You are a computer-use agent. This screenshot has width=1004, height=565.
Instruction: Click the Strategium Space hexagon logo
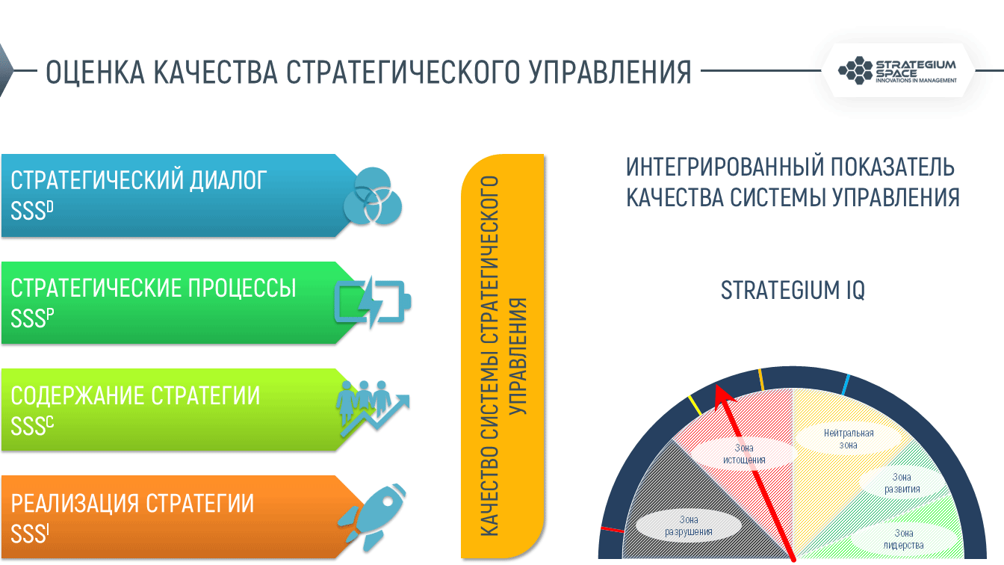[855, 70]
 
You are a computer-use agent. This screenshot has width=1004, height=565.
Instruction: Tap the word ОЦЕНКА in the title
[96, 72]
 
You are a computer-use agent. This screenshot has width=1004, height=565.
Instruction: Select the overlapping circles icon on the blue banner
[373, 196]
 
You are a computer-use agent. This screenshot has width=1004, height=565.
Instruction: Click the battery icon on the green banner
[373, 302]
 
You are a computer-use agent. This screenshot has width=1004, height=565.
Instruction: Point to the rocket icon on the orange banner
[373, 517]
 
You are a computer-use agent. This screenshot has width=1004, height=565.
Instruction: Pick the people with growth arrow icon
[373, 409]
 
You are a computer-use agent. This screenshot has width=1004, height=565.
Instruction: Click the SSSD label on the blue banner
[32, 210]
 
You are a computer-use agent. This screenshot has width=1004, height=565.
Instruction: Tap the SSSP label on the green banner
[32, 318]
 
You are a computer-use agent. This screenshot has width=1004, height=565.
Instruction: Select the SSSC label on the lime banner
[32, 425]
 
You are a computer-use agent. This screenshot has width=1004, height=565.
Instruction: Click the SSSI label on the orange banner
[30, 533]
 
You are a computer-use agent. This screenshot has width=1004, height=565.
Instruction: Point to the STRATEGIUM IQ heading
[793, 290]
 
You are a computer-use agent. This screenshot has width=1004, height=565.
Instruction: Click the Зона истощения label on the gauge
[744, 454]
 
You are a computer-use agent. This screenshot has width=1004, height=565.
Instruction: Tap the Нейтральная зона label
[849, 439]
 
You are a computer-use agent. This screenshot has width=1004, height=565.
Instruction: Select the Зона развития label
[902, 483]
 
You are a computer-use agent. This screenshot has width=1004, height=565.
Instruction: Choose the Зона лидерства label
[904, 539]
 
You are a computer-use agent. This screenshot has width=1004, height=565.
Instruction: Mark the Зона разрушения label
[689, 525]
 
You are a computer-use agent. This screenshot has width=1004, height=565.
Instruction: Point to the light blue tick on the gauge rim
[846, 385]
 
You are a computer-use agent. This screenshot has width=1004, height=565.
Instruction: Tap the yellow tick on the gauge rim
[695, 405]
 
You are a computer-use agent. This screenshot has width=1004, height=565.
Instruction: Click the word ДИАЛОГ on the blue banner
[228, 180]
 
